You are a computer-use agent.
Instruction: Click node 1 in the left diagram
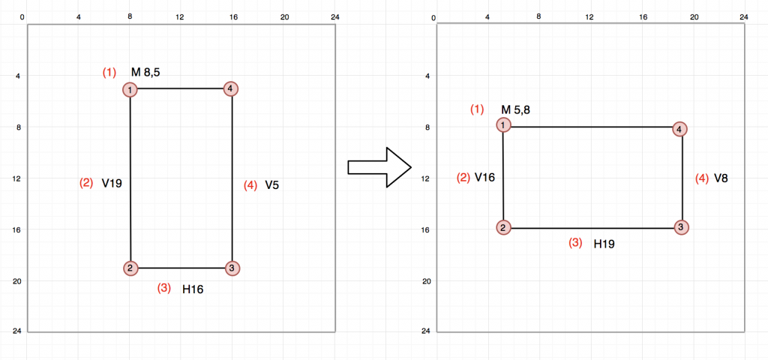130,90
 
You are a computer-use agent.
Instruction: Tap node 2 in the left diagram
130,268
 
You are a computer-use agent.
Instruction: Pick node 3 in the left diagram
232,268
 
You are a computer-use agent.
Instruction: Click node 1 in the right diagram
503,124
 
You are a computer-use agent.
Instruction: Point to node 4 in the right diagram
679,129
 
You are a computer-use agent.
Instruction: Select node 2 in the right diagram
504,228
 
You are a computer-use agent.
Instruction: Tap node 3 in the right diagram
681,227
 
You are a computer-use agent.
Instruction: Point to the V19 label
112,183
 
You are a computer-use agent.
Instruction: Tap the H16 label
193,288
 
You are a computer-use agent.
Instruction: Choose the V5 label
271,184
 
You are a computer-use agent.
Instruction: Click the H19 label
604,244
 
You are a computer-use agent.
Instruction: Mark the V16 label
485,178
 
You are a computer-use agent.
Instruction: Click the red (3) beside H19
575,243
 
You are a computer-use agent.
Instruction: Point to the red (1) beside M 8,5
109,73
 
